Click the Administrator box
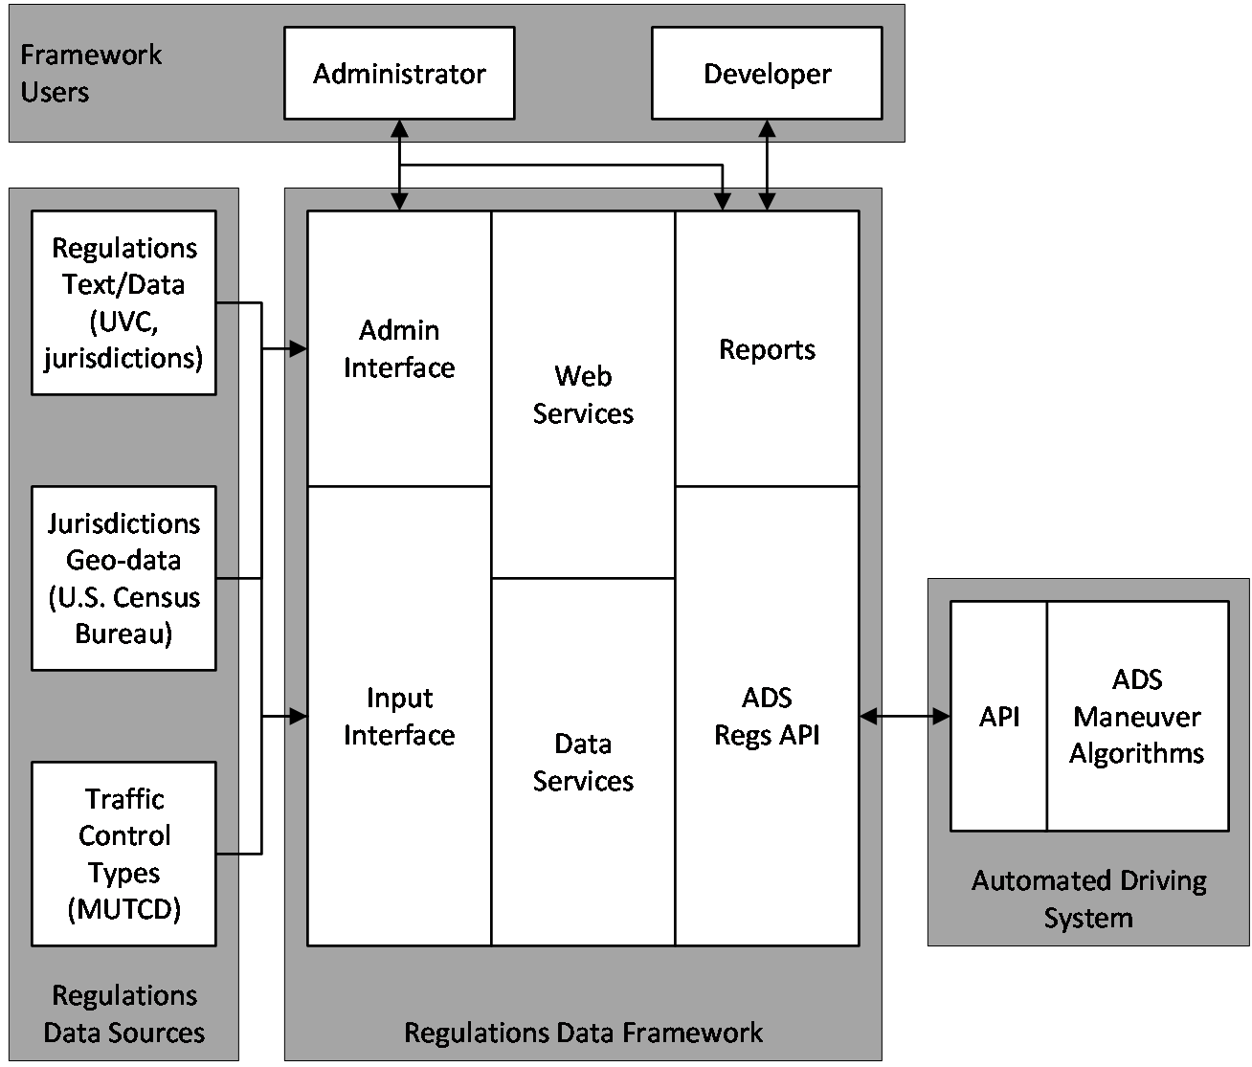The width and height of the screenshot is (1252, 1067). pos(399,74)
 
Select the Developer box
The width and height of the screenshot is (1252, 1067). pos(767,74)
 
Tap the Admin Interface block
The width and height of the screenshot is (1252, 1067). pos(399,348)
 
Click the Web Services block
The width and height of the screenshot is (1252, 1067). pos(583,394)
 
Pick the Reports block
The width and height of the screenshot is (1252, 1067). pos(767,348)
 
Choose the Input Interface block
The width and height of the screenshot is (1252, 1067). pos(399,716)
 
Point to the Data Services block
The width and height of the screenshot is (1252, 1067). pos(583,762)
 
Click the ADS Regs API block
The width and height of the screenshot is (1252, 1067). pos(767,716)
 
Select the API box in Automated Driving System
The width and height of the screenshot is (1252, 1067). pos(998,716)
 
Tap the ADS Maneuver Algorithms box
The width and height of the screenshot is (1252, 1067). pos(1137,716)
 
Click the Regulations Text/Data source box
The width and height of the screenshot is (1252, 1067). pos(123,302)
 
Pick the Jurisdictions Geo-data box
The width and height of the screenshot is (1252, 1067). pos(123,578)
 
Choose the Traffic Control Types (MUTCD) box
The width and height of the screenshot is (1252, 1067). pos(123,854)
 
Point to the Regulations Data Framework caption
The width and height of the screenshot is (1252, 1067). pos(583,1033)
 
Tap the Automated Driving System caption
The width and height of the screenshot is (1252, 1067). pos(1089,899)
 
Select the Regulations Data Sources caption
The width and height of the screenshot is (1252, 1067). pos(124,1013)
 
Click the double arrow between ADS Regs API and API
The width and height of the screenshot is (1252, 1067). pos(905,716)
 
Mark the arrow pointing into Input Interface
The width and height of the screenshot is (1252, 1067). pos(297,716)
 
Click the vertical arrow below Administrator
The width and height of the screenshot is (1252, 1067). pos(399,165)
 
